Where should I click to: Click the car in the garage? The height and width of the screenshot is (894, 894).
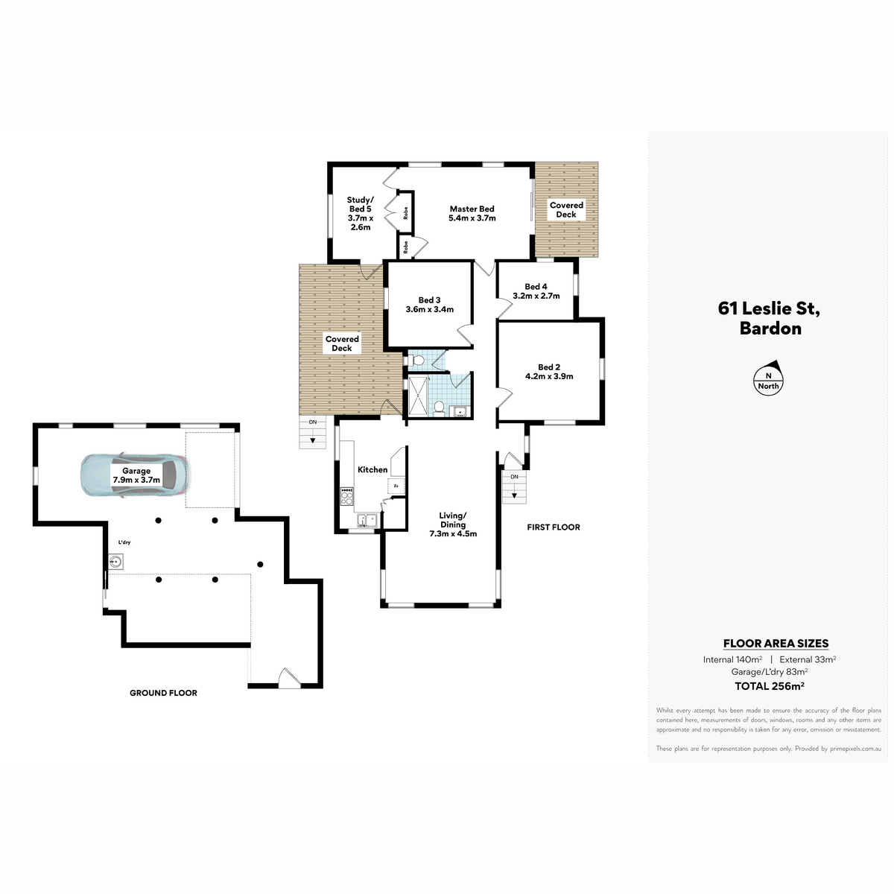(x=135, y=476)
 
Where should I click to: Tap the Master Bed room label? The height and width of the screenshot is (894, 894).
(x=472, y=213)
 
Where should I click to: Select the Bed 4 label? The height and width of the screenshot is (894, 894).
(x=536, y=291)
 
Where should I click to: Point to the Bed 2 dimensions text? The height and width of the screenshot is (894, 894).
(x=549, y=376)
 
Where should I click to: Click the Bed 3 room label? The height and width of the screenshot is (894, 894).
(x=430, y=305)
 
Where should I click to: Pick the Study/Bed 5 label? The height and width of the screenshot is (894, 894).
(x=360, y=213)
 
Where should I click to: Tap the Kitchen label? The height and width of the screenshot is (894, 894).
(x=372, y=469)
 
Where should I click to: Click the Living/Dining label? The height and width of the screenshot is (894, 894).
(x=453, y=524)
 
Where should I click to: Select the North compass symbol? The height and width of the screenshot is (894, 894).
(x=768, y=378)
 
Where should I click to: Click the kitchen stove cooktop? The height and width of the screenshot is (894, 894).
(x=346, y=496)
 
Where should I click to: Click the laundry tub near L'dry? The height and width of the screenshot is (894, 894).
(x=116, y=562)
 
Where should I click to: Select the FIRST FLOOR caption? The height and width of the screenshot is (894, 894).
(x=554, y=527)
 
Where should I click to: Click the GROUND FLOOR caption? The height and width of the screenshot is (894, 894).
(x=163, y=693)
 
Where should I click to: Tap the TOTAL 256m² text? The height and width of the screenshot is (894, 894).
(x=769, y=685)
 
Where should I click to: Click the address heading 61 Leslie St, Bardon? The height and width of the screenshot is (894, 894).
(x=769, y=318)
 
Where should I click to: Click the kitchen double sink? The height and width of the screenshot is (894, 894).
(x=367, y=520)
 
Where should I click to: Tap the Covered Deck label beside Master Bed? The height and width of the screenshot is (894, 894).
(x=566, y=209)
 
